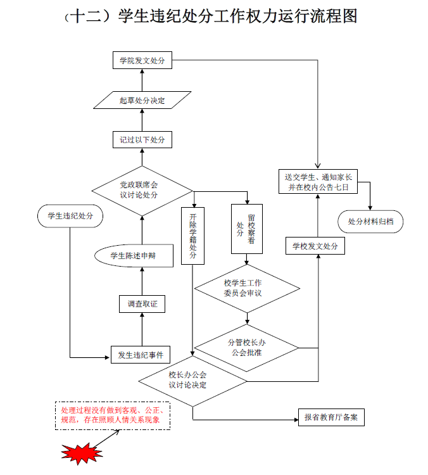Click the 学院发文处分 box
[142, 61]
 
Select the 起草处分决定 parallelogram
[142, 100]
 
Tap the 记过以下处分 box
[142, 139]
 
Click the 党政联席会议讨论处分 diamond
[142, 189]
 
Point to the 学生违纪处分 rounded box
[70, 216]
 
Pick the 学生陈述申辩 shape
[133, 256]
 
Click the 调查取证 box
[142, 304]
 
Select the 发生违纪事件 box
[141, 355]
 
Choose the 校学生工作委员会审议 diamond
[246, 288]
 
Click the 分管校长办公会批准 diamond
[246, 347]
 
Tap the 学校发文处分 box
[315, 246]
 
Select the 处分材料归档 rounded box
[370, 222]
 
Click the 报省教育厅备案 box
[330, 417]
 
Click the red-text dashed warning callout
[112, 415]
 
